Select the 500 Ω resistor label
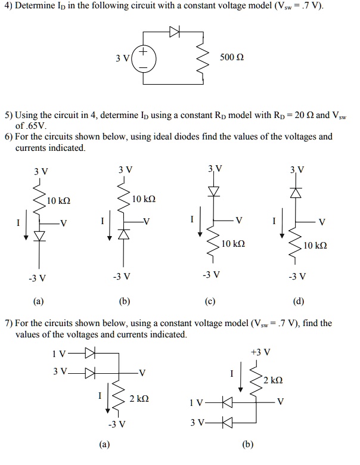(232, 59)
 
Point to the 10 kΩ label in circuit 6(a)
(59, 201)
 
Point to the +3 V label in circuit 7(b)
(261, 352)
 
